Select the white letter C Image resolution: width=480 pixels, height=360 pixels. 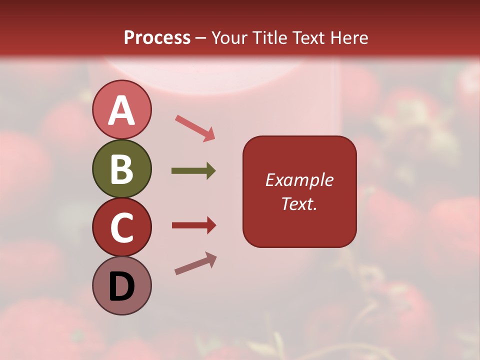click(121, 228)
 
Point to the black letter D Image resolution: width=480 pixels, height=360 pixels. click(121, 287)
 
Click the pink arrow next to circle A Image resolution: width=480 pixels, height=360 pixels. click(194, 127)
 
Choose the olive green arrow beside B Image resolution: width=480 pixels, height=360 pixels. click(193, 171)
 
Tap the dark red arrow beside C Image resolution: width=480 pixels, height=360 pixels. click(193, 225)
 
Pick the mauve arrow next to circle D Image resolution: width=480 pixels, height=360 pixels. click(195, 263)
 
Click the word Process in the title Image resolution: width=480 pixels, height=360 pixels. click(157, 37)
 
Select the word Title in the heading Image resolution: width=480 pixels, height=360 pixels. click(268, 37)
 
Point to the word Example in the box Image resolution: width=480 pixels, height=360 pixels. click(299, 180)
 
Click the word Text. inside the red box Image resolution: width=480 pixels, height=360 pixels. click(299, 203)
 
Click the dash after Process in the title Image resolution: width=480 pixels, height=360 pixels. click(200, 38)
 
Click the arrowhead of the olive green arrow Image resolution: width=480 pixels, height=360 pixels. click(210, 171)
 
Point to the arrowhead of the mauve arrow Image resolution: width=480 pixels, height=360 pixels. click(211, 258)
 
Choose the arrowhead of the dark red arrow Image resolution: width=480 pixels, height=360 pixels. click(210, 225)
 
